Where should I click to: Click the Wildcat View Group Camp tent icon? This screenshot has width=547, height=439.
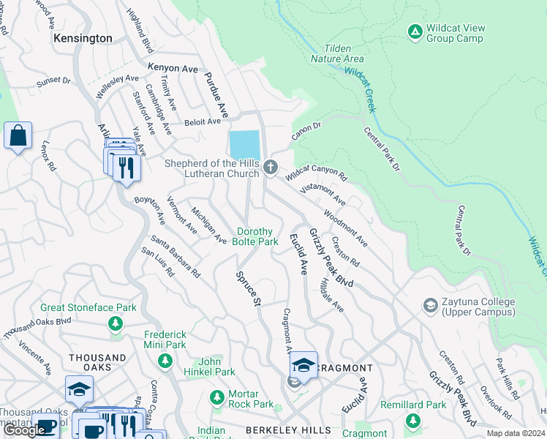[415, 31]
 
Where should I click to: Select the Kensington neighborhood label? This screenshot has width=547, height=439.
[83, 38]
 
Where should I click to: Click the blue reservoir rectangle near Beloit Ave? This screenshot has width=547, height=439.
[244, 143]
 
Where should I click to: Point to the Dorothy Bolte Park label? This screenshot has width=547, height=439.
[256, 236]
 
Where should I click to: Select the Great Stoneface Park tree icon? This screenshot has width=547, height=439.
[113, 323]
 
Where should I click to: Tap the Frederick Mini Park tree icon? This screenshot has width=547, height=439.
[165, 360]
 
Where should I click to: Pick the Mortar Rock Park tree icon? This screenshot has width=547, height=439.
[216, 397]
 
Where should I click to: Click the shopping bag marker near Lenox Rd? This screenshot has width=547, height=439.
[18, 135]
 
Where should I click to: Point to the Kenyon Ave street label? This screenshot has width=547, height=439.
[173, 68]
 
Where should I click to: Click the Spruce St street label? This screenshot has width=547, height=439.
[248, 288]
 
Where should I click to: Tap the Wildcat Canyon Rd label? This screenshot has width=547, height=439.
[316, 173]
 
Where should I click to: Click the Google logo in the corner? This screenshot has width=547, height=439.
[24, 430]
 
